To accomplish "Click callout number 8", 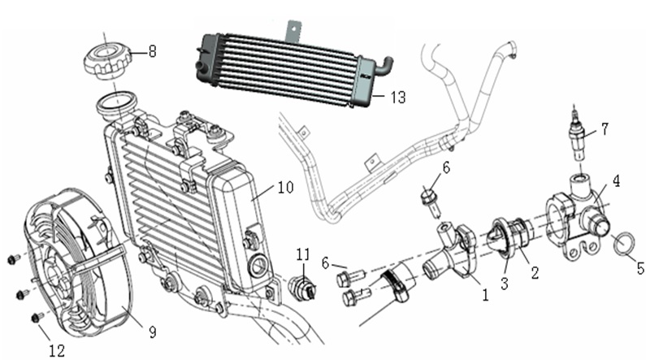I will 152,50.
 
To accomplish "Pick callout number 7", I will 604,128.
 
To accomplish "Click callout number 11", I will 302,255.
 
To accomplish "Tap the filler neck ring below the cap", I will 115,103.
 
